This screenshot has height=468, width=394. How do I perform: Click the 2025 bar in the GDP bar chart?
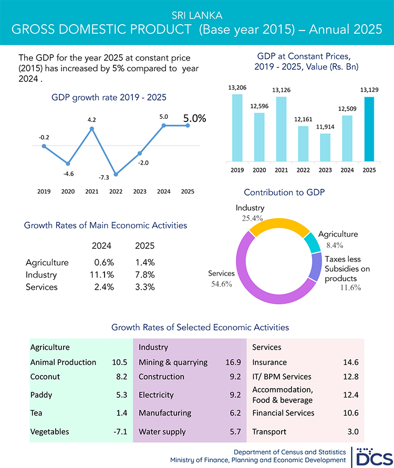pyautogui.click(x=369, y=129)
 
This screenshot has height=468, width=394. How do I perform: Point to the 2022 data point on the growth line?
pyautogui.click(x=116, y=174)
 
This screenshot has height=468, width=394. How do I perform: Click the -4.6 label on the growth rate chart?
pyautogui.click(x=68, y=174)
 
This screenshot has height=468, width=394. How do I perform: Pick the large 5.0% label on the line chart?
pyautogui.click(x=194, y=119)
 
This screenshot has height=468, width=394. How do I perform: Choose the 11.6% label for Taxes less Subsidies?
pyautogui.click(x=350, y=288)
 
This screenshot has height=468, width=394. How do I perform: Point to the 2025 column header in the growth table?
pyautogui.click(x=145, y=246)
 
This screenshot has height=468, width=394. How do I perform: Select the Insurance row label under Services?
pyautogui.click(x=269, y=362)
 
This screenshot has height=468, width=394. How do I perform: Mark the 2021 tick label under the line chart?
pyautogui.click(x=92, y=192)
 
